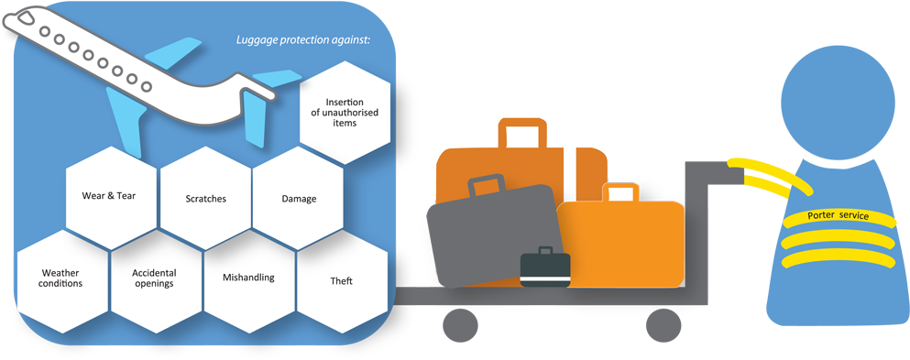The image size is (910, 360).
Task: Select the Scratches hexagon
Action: tap(205, 198)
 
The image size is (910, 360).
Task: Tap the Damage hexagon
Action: tap(299, 198)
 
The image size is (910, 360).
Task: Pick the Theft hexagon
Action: tap(341, 280)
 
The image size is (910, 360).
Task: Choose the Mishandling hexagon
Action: tap(248, 278)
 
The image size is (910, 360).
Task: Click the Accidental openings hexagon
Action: tap(154, 278)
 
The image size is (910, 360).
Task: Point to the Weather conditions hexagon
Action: tap(62, 278)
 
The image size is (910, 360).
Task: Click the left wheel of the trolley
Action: tap(459, 324)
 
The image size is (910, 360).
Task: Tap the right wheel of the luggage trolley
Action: tap(663, 324)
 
